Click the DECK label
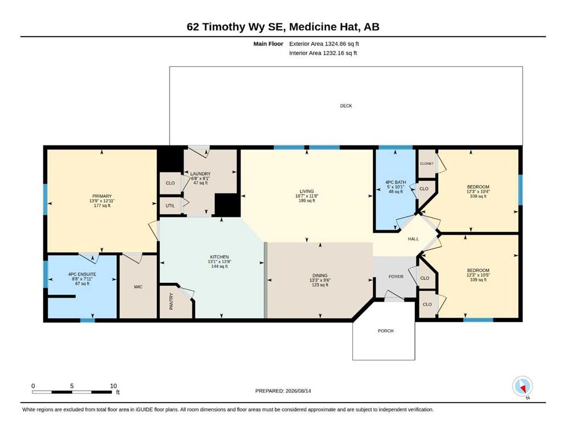(346, 106)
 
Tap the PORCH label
(385, 331)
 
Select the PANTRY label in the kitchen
(171, 301)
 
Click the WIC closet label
(138, 287)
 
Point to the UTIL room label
(170, 206)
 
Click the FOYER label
(396, 277)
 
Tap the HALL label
(413, 239)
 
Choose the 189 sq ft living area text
(307, 200)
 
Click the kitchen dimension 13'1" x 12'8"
(219, 261)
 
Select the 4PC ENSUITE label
(82, 274)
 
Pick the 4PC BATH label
(396, 182)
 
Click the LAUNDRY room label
(200, 174)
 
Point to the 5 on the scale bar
(72, 386)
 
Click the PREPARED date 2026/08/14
(298, 391)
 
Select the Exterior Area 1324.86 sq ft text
(324, 44)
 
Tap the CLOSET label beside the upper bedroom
(427, 164)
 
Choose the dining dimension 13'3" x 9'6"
(320, 280)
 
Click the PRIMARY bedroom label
(102, 196)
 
